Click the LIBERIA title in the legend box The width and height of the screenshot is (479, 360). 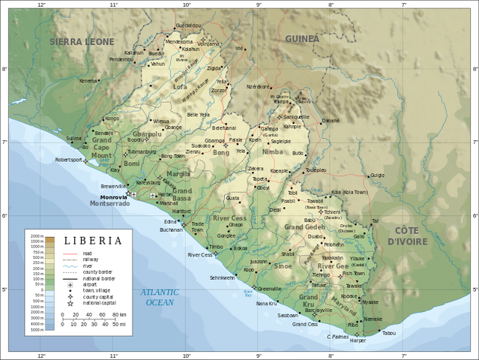[93, 241]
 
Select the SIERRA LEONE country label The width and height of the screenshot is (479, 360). [82, 42]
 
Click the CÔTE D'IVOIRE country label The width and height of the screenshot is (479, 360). [407, 235]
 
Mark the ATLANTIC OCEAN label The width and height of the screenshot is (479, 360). [159, 297]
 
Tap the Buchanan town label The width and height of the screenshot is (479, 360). [171, 230]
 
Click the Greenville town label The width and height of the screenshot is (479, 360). [269, 288]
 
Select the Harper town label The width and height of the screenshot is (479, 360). [358, 340]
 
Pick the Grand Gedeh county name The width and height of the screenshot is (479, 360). [304, 226]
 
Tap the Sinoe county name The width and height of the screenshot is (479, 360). [283, 266]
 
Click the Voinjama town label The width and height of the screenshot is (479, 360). [209, 44]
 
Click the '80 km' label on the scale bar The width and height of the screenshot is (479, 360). [119, 314]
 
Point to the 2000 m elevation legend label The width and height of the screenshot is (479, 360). [37, 237]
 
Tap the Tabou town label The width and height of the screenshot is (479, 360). [388, 332]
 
